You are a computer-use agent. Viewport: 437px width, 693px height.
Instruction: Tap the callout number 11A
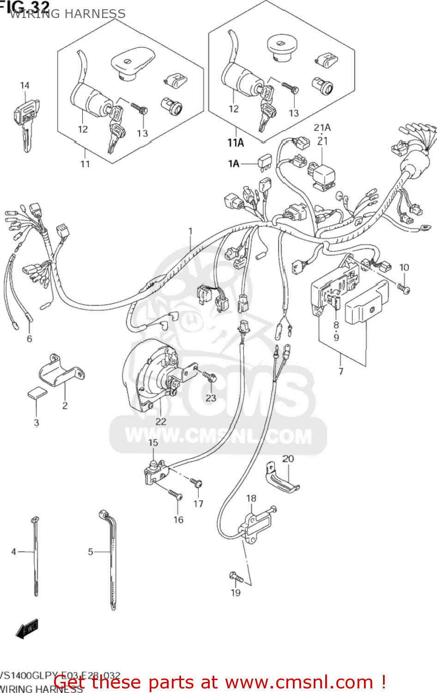(235, 143)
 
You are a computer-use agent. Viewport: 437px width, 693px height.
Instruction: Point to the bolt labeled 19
(236, 577)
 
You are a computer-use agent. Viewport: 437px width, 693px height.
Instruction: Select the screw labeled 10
(404, 288)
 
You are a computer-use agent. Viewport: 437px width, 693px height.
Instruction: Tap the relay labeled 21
(322, 174)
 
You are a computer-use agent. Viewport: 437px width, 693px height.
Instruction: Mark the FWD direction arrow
(27, 629)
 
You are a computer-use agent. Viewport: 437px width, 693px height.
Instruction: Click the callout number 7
(341, 371)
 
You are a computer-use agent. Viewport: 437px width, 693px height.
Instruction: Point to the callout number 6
(30, 339)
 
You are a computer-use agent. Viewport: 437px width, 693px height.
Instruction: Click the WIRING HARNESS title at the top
(67, 14)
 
